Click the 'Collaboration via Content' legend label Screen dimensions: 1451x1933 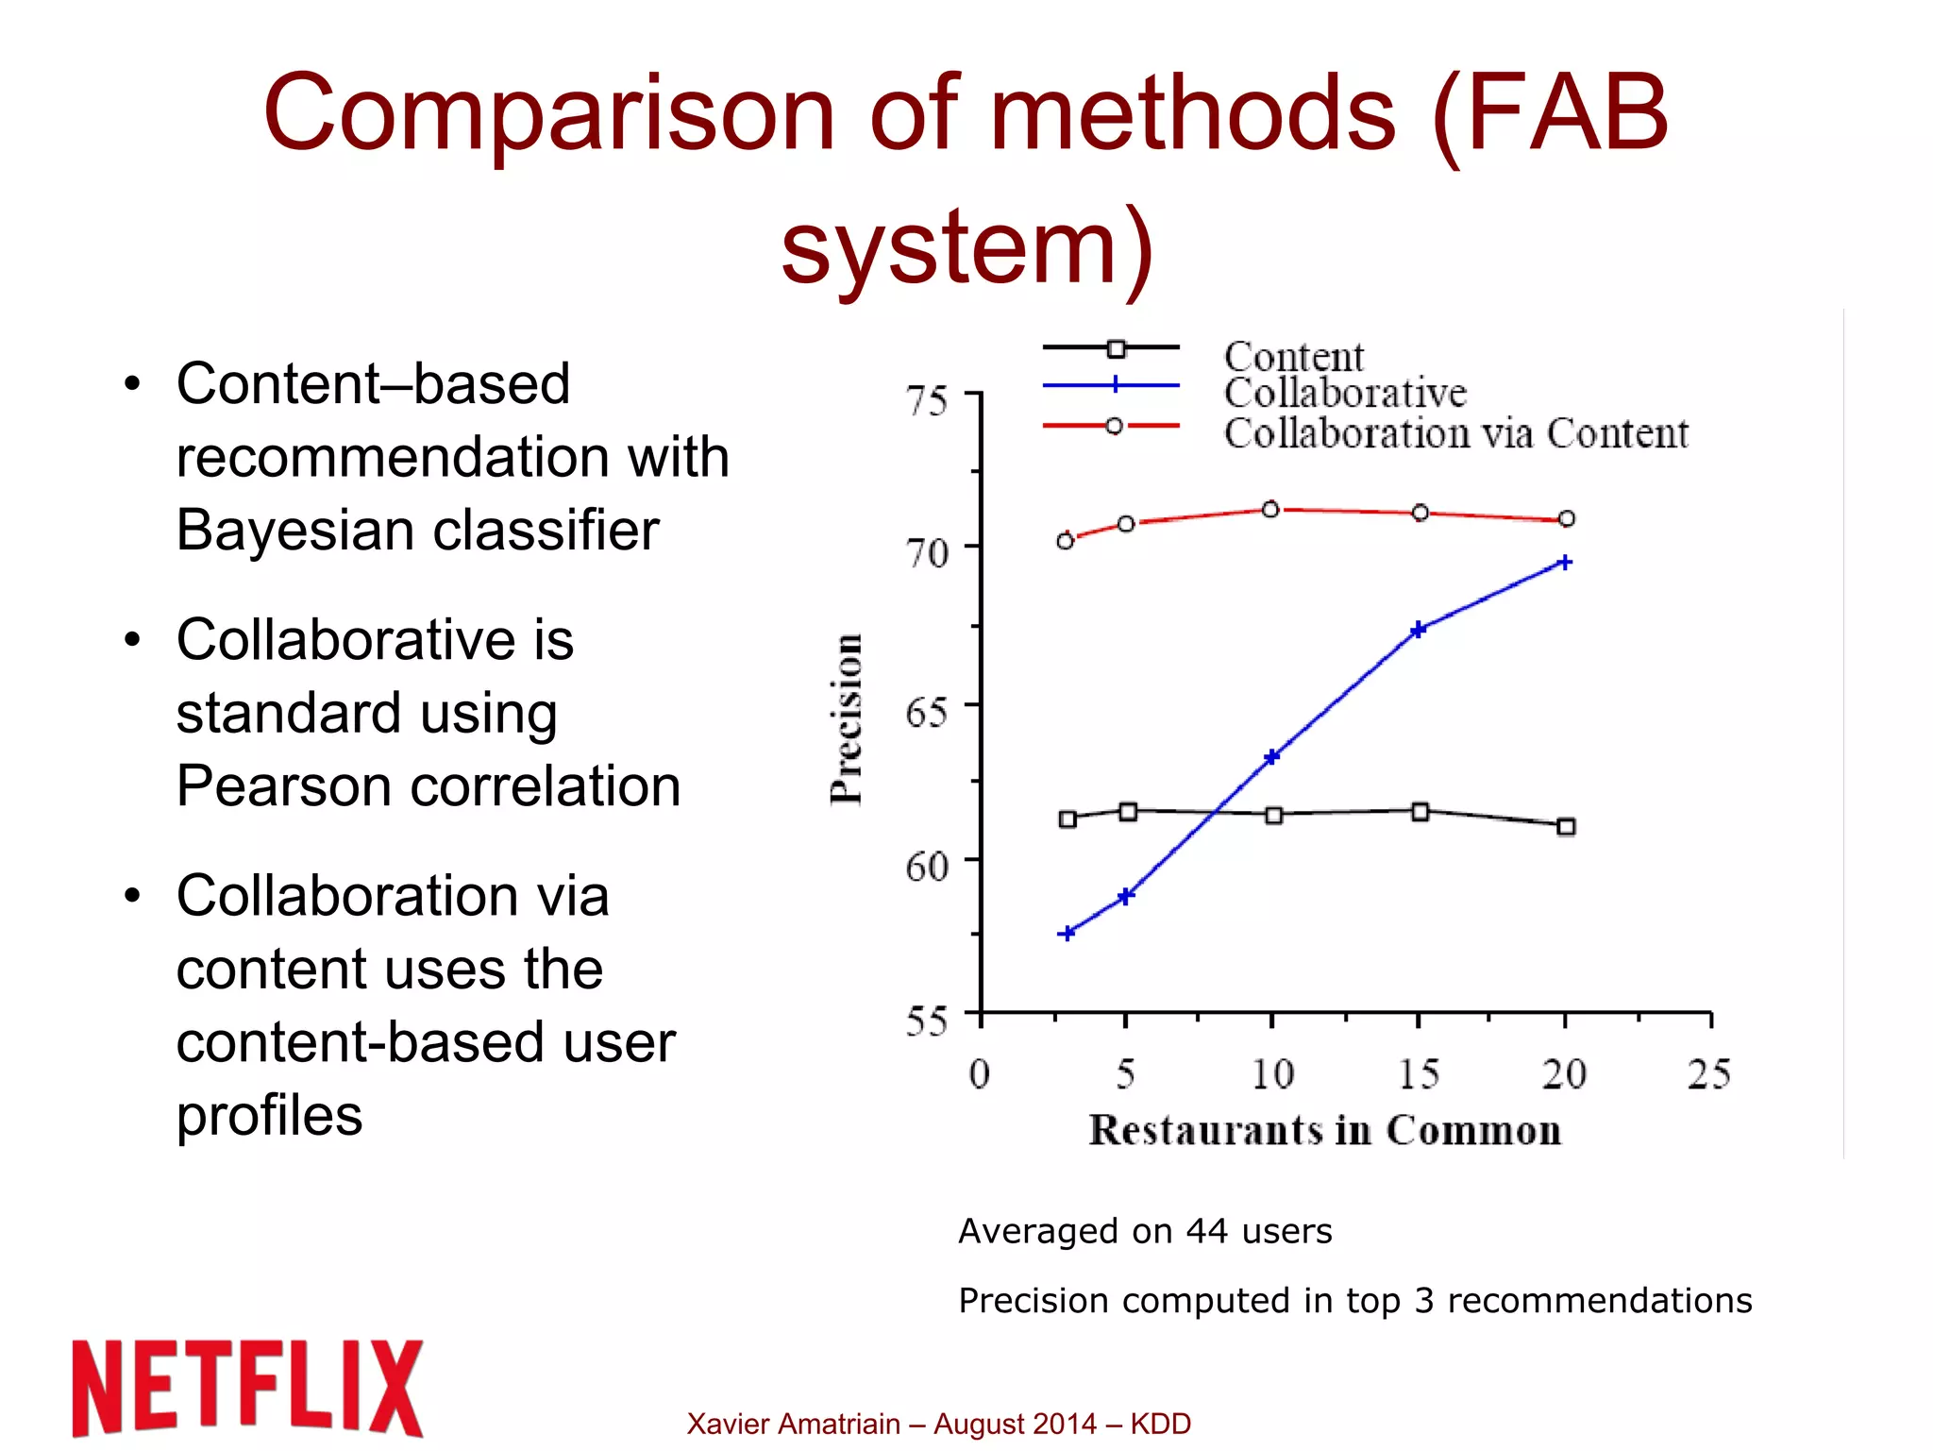pyautogui.click(x=1455, y=433)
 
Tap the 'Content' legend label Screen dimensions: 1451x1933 pyautogui.click(x=1293, y=357)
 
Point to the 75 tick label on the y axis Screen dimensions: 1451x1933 pyautogui.click(x=926, y=401)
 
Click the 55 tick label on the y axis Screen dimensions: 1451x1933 pyautogui.click(x=926, y=1021)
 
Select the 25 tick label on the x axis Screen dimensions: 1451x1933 pyautogui.click(x=1708, y=1074)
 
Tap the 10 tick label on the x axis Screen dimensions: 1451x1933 pyautogui.click(x=1271, y=1074)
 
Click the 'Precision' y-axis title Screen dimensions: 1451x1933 pyautogui.click(x=847, y=719)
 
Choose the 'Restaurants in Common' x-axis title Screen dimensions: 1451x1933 pyautogui.click(x=1324, y=1130)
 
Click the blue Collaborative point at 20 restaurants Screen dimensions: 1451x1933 pyautogui.click(x=1564, y=563)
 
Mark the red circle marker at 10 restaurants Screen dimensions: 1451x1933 pyautogui.click(x=1270, y=510)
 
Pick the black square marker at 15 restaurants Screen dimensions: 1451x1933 pyautogui.click(x=1420, y=812)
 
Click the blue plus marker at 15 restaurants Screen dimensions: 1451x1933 pyautogui.click(x=1418, y=630)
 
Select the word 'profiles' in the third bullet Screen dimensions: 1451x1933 pyautogui.click(x=269, y=1116)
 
